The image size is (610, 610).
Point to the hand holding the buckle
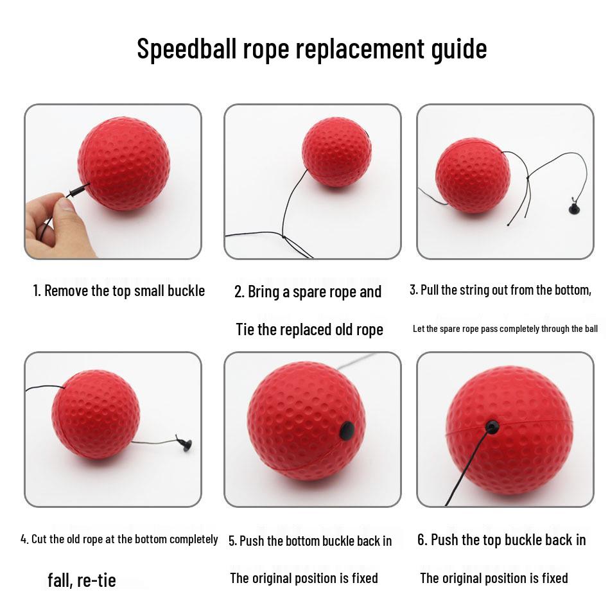(x=55, y=225)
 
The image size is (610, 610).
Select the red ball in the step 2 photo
(x=336, y=152)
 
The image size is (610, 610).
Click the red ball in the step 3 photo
(x=473, y=175)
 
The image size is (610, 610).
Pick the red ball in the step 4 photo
(x=96, y=414)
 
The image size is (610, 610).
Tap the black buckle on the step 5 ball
(x=347, y=431)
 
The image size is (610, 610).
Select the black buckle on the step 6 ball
(x=492, y=427)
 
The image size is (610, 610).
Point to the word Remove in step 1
(x=67, y=291)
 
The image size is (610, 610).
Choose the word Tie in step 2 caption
(x=245, y=330)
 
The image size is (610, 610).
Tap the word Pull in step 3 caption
(x=429, y=290)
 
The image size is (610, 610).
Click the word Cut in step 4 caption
(x=39, y=539)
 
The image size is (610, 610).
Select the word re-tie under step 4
(x=96, y=581)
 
